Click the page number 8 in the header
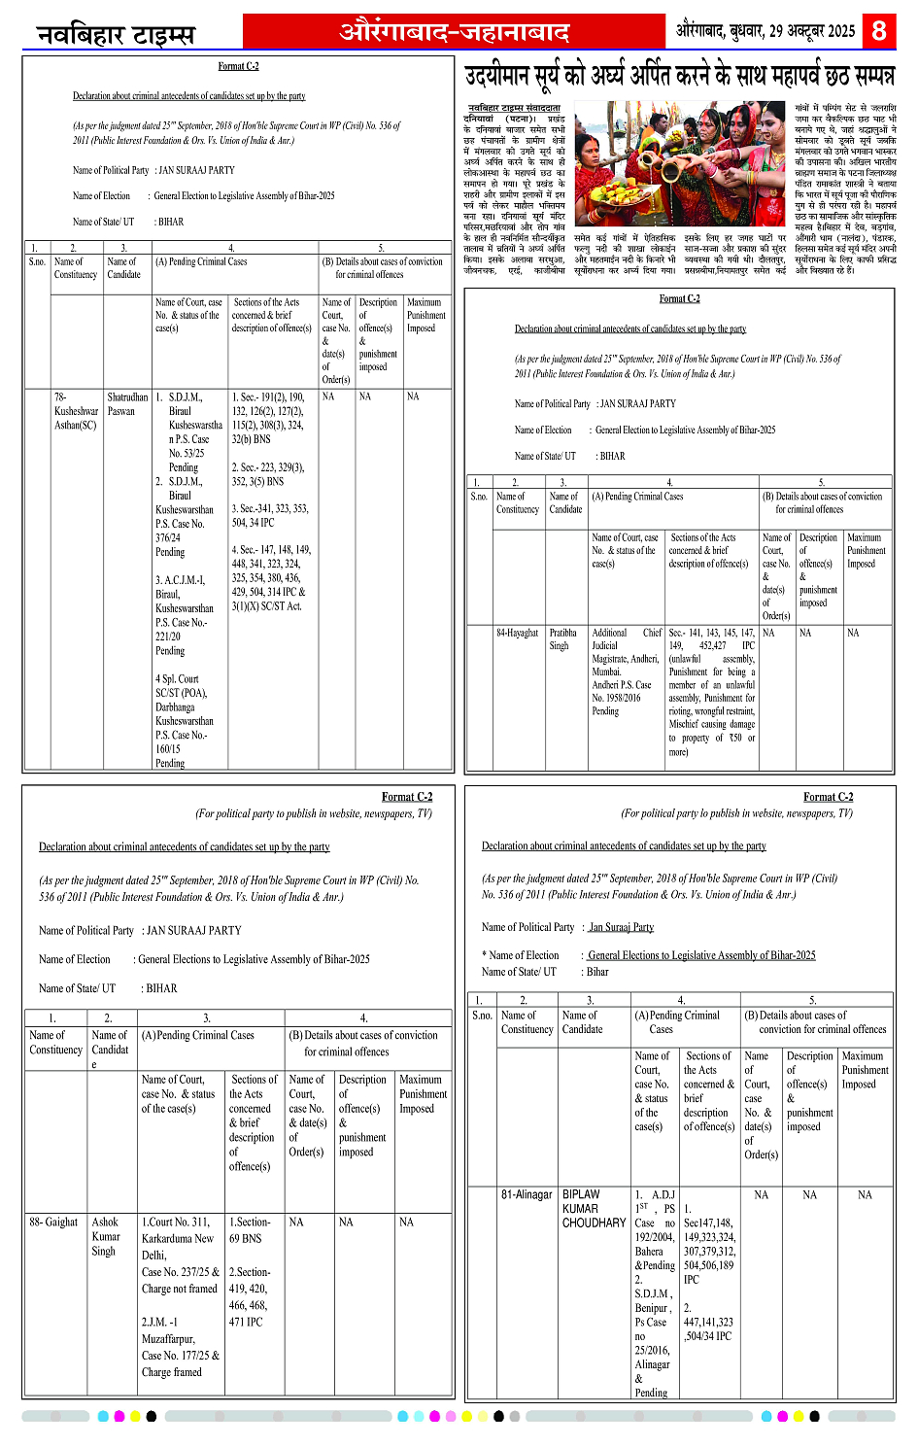click(879, 30)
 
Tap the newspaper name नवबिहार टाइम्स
click(116, 35)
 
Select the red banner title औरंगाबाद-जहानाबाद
click(455, 31)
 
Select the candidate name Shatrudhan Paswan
click(127, 404)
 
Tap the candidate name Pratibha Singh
click(562, 638)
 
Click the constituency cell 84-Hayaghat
click(517, 633)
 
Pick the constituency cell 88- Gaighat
click(53, 1223)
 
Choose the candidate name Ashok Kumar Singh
click(106, 1236)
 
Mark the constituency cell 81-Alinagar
click(527, 1194)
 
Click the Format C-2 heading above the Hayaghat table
click(679, 298)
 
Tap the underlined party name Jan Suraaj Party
click(622, 927)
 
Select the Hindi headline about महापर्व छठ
click(680, 76)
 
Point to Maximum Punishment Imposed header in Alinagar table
click(865, 1070)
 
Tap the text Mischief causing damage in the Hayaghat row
click(711, 724)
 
